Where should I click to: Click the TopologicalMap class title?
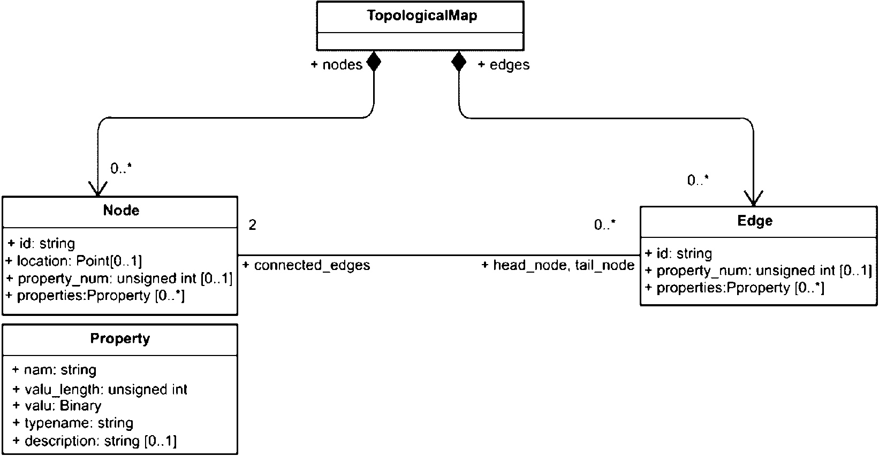coord(422,16)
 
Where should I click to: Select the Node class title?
coord(121,211)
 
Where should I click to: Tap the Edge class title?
coord(755,221)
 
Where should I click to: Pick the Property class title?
coord(120,338)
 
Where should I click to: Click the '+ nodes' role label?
coord(336,65)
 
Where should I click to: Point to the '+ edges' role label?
coord(503,65)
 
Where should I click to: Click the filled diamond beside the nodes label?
coord(374,61)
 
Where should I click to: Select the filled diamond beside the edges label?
coord(459,61)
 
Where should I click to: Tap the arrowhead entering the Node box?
coord(98,189)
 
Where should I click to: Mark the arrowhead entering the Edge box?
coord(753,199)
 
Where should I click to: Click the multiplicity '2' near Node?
coord(252,225)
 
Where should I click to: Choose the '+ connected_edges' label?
coord(306,265)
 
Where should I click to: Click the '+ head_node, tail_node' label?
coord(558,265)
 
